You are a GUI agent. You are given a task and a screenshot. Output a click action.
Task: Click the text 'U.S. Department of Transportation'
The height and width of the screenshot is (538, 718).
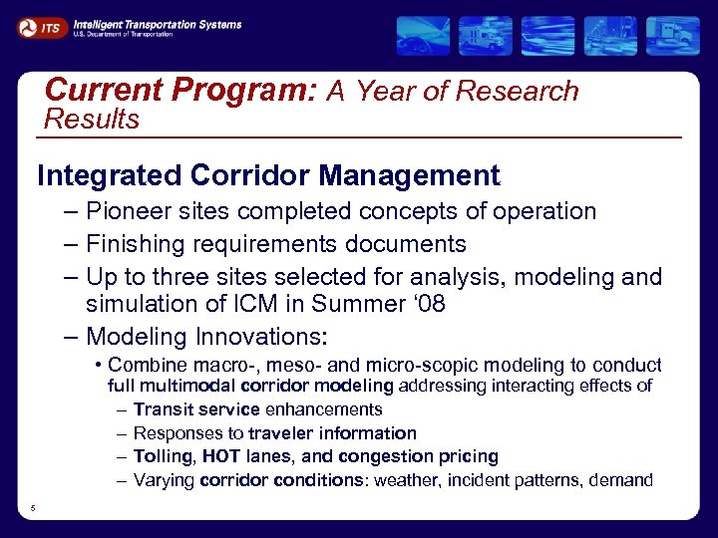122,35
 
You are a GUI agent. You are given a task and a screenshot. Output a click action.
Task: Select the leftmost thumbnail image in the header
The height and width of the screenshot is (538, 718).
423,36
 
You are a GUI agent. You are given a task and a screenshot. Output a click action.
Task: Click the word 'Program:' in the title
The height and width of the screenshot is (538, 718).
245,91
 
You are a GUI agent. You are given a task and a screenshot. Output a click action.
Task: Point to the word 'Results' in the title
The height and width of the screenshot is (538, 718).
93,120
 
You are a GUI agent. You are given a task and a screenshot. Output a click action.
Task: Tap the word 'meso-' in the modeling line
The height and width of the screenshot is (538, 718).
298,365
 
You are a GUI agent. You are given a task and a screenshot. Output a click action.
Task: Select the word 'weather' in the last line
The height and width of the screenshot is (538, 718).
405,480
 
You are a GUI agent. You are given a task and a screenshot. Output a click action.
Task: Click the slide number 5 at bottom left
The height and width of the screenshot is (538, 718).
32,509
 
